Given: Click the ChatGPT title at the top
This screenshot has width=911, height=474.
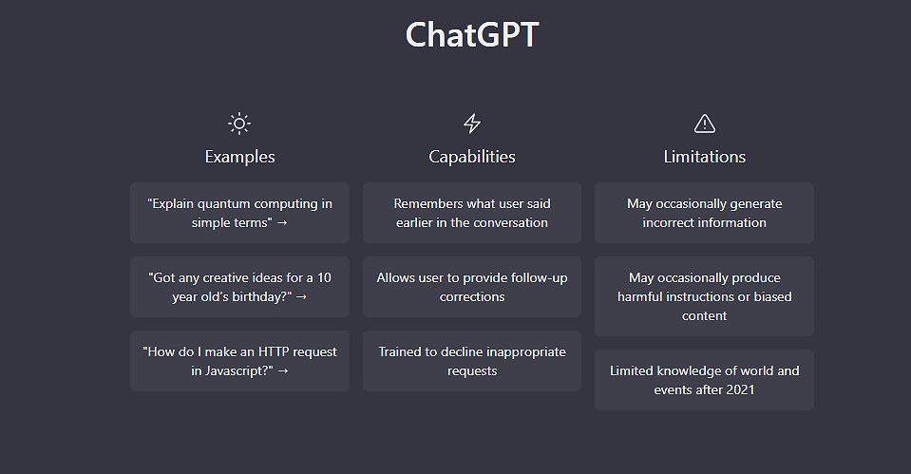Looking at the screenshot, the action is (472, 35).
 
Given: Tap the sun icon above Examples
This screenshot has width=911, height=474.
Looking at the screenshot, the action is (239, 123).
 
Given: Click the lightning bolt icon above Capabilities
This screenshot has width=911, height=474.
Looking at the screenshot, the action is (472, 123).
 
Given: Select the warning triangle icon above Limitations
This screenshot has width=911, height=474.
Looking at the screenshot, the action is (705, 123).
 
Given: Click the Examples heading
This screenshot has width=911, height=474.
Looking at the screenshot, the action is (240, 157).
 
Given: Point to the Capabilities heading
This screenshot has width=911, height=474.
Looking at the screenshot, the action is (472, 157).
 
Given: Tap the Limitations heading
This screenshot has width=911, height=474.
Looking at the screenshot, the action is (705, 157).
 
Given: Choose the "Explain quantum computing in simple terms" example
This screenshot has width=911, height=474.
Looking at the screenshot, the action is (240, 213).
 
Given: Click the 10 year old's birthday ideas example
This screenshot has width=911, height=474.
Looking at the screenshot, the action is (240, 287).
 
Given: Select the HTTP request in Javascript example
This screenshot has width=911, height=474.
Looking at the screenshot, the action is (240, 361).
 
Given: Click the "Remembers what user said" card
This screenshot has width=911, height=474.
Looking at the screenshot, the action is (472, 213).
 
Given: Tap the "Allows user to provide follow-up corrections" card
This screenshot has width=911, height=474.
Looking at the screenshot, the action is (472, 287).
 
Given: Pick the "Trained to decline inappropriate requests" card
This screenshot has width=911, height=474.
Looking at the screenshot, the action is (472, 361).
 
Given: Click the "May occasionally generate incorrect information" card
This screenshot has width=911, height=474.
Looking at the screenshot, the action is (704, 213).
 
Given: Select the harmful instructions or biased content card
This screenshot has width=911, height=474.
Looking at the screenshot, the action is (704, 296).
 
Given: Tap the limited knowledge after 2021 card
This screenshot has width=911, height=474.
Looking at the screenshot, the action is (704, 380).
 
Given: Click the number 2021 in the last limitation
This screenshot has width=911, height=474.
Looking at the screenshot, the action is (740, 389).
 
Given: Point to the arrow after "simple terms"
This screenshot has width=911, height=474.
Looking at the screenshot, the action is (282, 223).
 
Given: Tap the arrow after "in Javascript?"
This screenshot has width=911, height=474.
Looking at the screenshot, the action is (283, 371).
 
